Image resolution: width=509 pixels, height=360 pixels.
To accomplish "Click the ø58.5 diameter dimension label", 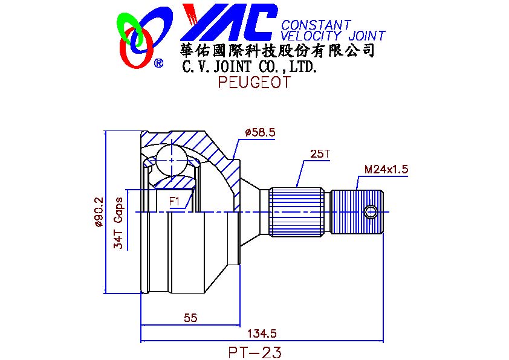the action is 261,132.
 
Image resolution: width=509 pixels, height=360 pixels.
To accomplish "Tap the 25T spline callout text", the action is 320,154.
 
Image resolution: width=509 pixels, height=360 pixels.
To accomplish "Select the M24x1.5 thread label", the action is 386,169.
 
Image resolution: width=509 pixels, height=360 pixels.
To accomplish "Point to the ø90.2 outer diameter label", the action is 99,212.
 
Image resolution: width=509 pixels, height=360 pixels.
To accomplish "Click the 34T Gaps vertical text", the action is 118,223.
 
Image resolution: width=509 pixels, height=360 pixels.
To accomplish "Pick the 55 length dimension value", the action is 190,318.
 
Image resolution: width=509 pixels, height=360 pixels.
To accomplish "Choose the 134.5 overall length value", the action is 262,333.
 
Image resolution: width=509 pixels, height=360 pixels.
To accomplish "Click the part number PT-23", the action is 255,353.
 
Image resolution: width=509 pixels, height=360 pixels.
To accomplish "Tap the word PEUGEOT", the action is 254,82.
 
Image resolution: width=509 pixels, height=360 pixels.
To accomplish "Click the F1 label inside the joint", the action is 174,202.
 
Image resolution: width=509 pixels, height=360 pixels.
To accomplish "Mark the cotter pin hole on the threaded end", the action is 370,213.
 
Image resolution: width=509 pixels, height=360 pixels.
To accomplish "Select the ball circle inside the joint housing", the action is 172,160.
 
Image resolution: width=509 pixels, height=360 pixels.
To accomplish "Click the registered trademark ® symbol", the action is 158,63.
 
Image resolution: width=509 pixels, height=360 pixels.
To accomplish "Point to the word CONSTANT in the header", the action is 316,25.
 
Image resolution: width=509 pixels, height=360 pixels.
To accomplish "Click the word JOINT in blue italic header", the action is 366,36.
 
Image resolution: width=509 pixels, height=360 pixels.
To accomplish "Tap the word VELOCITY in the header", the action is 311,36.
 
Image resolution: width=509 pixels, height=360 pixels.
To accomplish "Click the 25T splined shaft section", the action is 297,212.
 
